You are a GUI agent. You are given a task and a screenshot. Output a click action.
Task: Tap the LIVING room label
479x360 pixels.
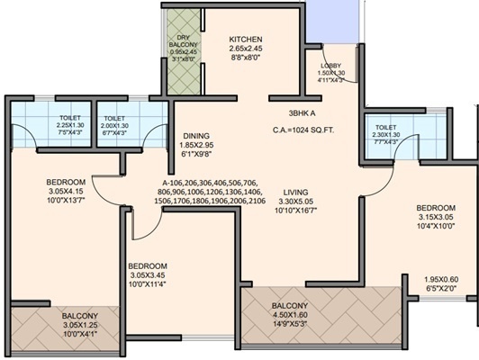tap(295, 191)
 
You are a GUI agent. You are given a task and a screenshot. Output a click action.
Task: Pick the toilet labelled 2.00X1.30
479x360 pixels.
tap(114, 127)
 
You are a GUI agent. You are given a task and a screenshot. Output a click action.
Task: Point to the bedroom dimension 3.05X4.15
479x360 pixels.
tap(66, 192)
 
